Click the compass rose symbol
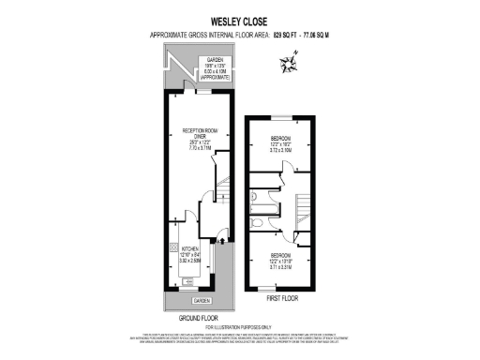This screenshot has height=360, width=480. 288,64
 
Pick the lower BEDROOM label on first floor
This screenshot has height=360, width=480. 280,254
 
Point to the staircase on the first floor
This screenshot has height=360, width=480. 303,207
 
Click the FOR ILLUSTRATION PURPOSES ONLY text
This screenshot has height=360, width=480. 239,327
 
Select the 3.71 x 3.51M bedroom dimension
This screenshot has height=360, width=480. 280,267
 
